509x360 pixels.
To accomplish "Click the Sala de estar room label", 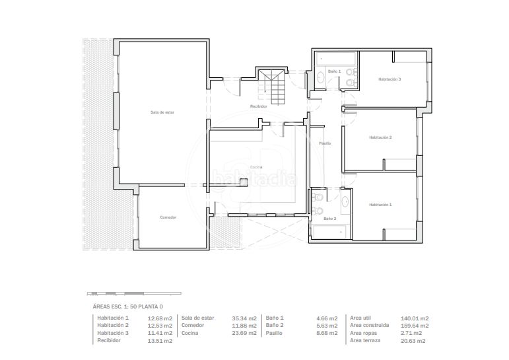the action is coord(162,112).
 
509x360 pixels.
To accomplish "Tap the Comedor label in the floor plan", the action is coord(168,217).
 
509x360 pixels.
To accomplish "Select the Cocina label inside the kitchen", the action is coord(256,167).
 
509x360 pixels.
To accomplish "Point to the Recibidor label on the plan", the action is coord(259,106).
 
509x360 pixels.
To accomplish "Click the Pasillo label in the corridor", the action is coord(325,143).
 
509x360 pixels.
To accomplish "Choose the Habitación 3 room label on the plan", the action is coord(390,79).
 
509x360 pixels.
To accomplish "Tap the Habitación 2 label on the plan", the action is coord(380,137).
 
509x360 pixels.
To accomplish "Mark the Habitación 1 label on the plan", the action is coord(380,205).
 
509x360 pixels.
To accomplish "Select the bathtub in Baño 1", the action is coord(336,59).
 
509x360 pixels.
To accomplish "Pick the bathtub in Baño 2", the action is coord(329,232).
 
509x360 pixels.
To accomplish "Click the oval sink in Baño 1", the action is coord(320,78).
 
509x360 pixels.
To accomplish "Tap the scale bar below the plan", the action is coord(134,294).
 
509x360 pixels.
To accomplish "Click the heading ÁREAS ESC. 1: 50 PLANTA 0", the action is coord(128,306).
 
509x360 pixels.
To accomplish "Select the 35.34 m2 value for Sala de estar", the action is coord(244,318).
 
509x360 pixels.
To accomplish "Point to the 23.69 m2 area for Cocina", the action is coord(244,334).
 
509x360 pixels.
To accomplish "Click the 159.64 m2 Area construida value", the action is coord(415,326).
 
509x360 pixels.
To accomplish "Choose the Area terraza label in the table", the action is coord(365,340).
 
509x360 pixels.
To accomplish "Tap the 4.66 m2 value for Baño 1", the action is coord(327,318).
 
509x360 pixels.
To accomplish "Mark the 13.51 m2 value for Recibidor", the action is coord(160,341).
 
